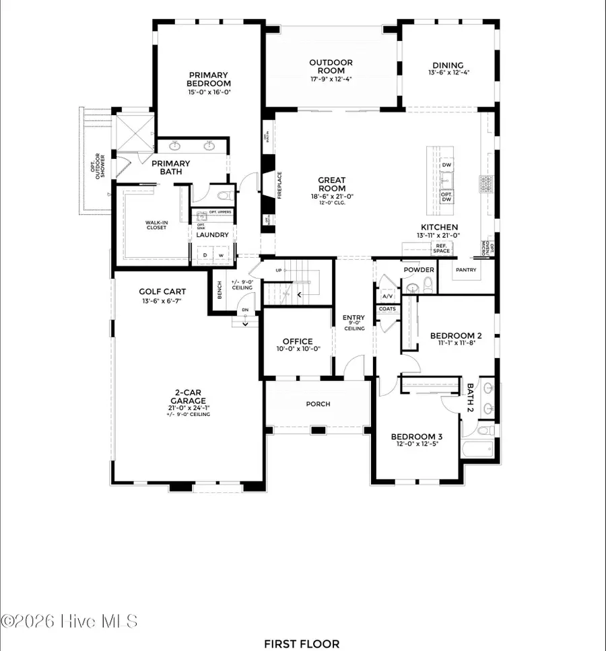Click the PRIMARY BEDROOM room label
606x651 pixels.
(208, 79)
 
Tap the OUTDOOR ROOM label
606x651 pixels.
(331, 67)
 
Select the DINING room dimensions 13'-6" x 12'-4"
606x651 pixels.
(448, 73)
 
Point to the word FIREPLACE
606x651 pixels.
(279, 184)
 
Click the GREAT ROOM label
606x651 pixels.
(332, 184)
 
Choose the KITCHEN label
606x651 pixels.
(440, 228)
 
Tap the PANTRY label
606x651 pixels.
(465, 270)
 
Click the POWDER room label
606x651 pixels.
(418, 269)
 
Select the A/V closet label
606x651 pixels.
(387, 296)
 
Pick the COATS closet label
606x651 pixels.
(387, 309)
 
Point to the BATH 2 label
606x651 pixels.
(471, 398)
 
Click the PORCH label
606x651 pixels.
(318, 404)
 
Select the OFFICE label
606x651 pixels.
(297, 341)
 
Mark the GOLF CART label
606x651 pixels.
(162, 292)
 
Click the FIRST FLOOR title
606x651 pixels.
(301, 644)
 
